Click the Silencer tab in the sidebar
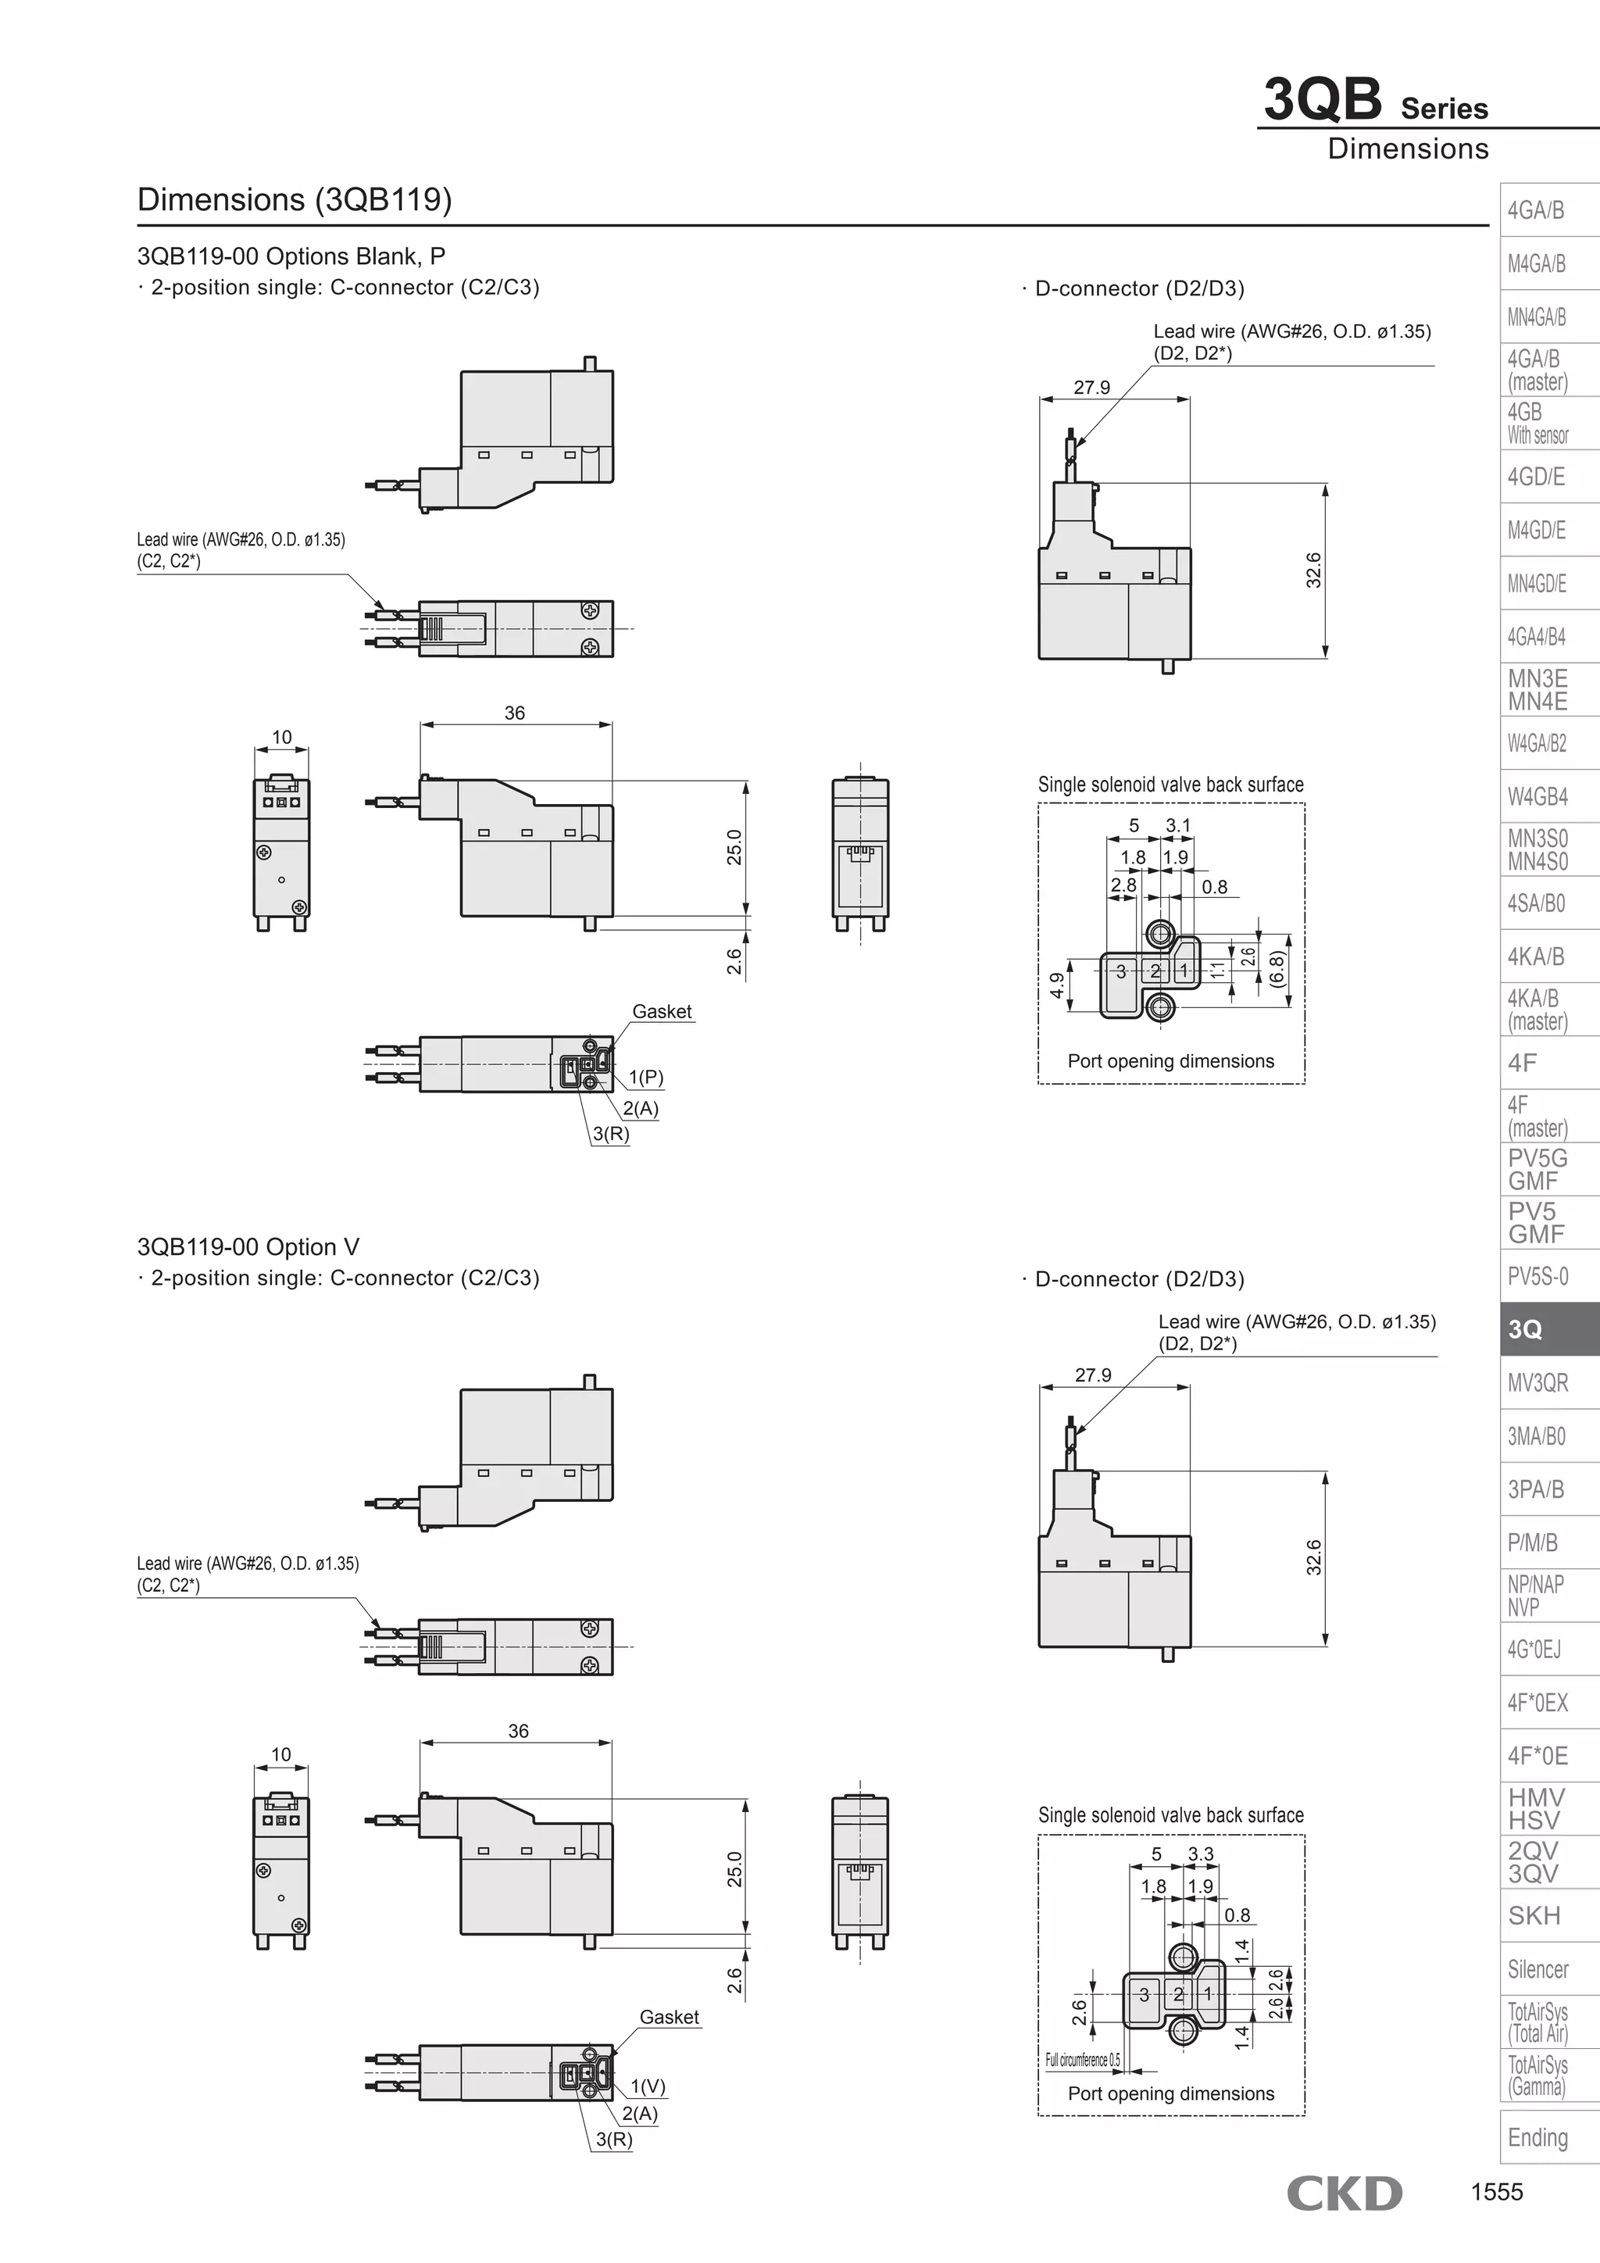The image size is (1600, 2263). pyautogui.click(x=1537, y=1969)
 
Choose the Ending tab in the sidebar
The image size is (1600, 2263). pyautogui.click(x=1537, y=2137)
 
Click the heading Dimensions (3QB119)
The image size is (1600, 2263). pyautogui.click(x=295, y=199)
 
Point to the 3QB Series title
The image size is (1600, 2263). pyautogui.click(x=1375, y=102)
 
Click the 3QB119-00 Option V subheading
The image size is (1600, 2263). pyautogui.click(x=248, y=1247)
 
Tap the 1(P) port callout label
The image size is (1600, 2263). pyautogui.click(x=646, y=1078)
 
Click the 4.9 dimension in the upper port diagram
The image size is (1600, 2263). pyautogui.click(x=1057, y=985)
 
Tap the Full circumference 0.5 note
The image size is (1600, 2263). pyautogui.click(x=1083, y=2060)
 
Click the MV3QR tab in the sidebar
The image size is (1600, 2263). pyautogui.click(x=1537, y=1383)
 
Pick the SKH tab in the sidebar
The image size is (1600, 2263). pyautogui.click(x=1534, y=1916)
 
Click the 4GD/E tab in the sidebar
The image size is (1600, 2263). pyautogui.click(x=1536, y=477)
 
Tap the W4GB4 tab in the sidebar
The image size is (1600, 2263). pyautogui.click(x=1537, y=796)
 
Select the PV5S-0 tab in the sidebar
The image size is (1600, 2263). pyautogui.click(x=1537, y=1276)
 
